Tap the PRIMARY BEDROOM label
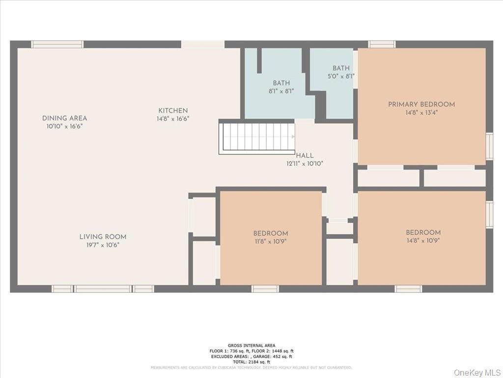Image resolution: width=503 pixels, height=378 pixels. [421, 104]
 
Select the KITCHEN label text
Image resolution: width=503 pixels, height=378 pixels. [173, 111]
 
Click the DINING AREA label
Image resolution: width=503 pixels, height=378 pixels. [64, 118]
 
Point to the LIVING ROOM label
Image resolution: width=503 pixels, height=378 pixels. [103, 237]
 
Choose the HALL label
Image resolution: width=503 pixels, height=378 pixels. [305, 156]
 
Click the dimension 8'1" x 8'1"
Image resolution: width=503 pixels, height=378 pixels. [281, 91]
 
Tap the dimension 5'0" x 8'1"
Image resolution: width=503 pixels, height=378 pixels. [341, 76]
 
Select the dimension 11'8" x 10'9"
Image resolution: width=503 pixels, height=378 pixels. [271, 242]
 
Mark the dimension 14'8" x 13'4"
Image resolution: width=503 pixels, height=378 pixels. [421, 113]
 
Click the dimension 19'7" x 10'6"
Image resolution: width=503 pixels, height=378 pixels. [103, 245]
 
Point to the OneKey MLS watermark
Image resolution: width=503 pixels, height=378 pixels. [476, 372]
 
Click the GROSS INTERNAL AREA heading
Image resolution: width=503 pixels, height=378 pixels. [251, 346]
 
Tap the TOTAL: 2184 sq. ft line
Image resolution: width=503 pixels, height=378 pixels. [251, 361]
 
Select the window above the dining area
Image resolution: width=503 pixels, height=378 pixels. [57, 44]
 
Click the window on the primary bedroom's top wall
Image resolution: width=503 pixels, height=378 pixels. [382, 44]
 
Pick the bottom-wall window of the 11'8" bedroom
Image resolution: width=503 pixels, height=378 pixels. [265, 289]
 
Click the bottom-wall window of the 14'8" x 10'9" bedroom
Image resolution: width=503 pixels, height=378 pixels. [408, 289]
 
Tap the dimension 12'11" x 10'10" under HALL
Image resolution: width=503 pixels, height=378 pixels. [305, 163]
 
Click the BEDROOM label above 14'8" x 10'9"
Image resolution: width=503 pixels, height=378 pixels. [423, 233]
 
